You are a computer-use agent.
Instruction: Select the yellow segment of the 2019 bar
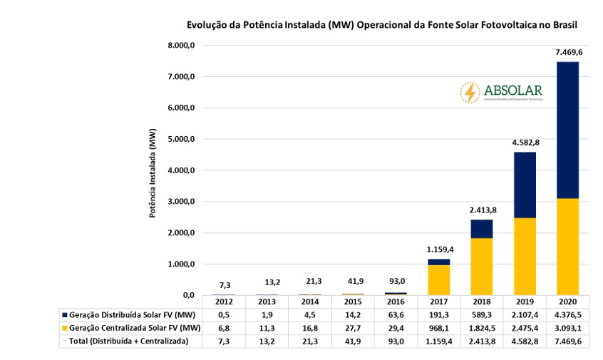[525, 256]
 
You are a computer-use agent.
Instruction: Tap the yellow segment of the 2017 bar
[440, 279]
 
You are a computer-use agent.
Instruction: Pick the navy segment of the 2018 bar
[482, 229]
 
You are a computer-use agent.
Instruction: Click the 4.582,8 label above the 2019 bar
[525, 142]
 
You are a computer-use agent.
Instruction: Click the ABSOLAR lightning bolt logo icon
[470, 92]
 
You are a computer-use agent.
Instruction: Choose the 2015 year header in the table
[353, 302]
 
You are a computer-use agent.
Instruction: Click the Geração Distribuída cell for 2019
[525, 314]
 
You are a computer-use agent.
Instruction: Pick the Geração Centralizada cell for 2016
[396, 328]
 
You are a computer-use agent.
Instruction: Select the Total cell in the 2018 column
[482, 341]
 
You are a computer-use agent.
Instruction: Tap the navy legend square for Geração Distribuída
[65, 315]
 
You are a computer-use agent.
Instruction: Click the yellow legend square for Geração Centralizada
[65, 328]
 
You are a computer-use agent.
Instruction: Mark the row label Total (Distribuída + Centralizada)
[128, 341]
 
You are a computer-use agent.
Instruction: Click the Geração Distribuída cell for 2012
[224, 314]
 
